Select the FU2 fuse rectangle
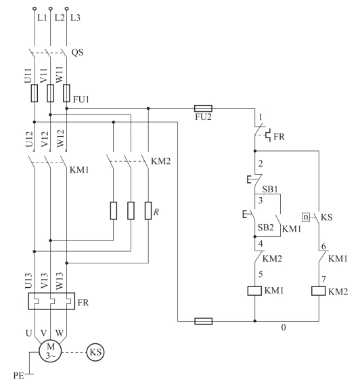203,108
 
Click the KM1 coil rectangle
254,291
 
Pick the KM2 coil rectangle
319,291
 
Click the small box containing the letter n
306,217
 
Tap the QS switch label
77,52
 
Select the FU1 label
81,100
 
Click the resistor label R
156,212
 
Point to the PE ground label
19,376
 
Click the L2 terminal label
59,18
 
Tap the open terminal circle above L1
35,9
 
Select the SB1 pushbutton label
270,189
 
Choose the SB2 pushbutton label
265,228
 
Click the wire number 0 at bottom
284,327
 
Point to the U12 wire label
29,140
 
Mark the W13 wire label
60,280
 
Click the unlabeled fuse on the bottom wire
203,321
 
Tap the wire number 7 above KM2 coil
323,280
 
